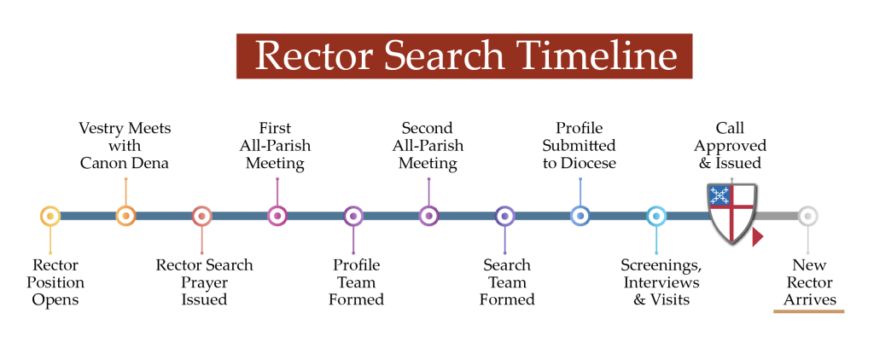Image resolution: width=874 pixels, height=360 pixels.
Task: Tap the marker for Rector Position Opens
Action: tap(50, 216)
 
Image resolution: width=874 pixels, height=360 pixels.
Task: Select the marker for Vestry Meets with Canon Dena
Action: tap(126, 216)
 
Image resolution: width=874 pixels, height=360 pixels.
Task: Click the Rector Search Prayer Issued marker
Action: tap(201, 216)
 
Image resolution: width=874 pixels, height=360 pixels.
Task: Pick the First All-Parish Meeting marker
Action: tap(277, 216)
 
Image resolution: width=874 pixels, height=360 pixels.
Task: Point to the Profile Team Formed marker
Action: tap(353, 216)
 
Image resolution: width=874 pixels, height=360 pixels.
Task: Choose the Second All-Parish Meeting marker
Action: tap(428, 216)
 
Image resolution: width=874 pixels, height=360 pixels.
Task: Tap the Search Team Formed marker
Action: tap(504, 216)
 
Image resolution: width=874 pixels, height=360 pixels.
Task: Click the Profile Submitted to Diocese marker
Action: tap(580, 216)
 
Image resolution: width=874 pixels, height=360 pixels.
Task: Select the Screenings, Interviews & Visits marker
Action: tap(656, 216)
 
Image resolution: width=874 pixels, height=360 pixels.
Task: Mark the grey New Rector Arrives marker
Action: tap(807, 216)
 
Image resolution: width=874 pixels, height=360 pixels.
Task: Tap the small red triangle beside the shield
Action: tap(758, 237)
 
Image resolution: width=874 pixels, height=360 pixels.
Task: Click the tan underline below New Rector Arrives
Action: tap(809, 311)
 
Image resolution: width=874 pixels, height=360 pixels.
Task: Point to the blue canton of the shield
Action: tap(719, 195)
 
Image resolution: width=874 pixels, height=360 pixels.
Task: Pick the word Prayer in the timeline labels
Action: tap(204, 282)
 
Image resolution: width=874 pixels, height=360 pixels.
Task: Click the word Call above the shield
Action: tap(730, 128)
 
